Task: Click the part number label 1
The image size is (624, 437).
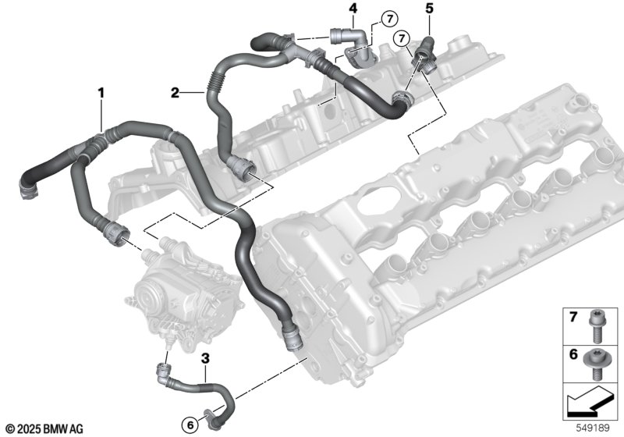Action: [x=101, y=93]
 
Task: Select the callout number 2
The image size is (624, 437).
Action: [x=175, y=93]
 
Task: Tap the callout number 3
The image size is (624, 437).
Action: [x=205, y=358]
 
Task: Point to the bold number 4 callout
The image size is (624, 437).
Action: [x=353, y=8]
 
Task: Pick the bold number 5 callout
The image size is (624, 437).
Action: [x=429, y=8]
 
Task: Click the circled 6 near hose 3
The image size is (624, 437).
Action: [x=190, y=425]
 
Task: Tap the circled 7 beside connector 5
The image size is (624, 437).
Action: [x=402, y=38]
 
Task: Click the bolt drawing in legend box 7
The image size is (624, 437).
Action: [x=596, y=326]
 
